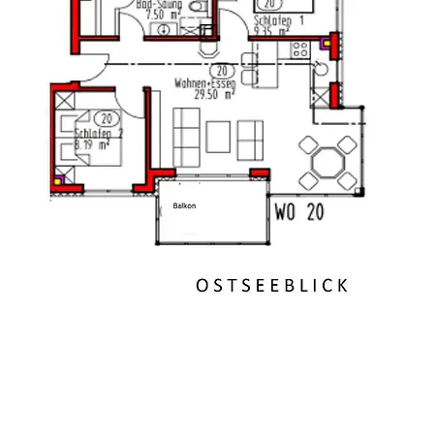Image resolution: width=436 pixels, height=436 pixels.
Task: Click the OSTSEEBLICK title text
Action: click(271, 285)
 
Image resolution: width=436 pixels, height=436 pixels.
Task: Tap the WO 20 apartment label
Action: click(299, 211)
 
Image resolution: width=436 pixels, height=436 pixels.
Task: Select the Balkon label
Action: click(184, 205)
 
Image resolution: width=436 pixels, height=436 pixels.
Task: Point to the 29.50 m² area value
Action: click(214, 95)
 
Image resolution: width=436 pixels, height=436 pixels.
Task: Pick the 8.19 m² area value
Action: click(93, 144)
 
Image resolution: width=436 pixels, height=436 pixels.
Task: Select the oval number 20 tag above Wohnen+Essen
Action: click(221, 71)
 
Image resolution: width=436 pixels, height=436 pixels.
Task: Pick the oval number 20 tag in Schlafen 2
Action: click(103, 118)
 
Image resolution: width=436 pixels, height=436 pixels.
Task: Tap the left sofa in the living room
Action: click(186, 137)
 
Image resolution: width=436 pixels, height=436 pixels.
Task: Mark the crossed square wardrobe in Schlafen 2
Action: click(64, 101)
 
